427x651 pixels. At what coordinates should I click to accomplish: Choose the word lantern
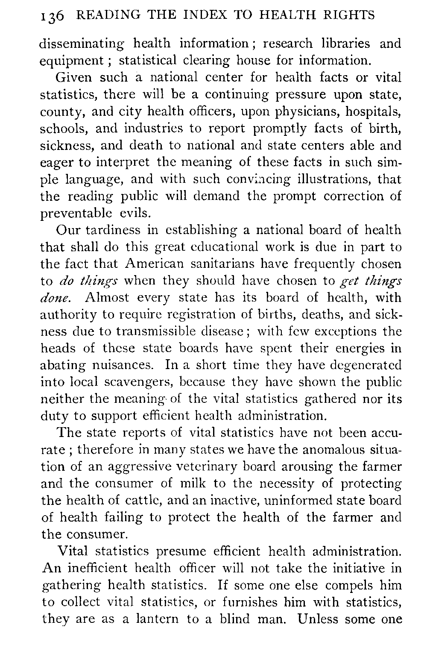pyautogui.click(x=155, y=619)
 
